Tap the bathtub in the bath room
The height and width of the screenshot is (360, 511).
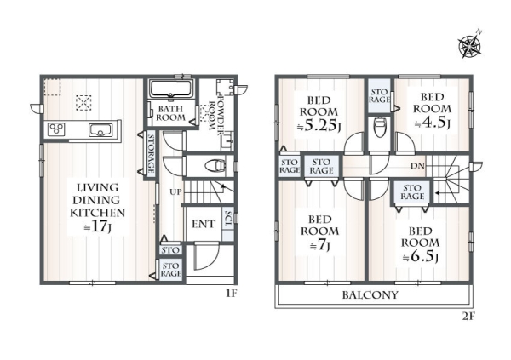[x=171, y=89]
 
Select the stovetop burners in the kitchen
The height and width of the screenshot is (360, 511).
[x=56, y=129]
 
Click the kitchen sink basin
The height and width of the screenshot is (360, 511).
[x=100, y=130]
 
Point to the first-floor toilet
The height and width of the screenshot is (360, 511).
[x=215, y=165]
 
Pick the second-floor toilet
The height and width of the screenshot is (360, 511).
[x=380, y=127]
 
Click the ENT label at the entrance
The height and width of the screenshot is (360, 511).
[x=204, y=224]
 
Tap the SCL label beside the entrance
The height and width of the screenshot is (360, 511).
[x=228, y=220]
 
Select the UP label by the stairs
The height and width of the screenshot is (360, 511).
[x=175, y=192]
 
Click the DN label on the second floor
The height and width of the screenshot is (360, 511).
[x=417, y=166]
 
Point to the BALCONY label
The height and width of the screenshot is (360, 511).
[x=370, y=295]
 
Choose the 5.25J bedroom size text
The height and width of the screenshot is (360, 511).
[x=319, y=125]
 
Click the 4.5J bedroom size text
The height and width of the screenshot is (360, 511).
[x=433, y=123]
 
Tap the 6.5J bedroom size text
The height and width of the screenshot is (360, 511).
[x=421, y=257]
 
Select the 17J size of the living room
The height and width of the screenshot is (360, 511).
[x=98, y=226]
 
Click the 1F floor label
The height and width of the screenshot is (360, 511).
[x=232, y=294]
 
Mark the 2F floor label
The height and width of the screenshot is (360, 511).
[x=468, y=317]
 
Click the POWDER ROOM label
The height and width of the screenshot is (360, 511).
[x=215, y=113]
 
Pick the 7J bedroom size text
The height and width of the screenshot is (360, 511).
[x=320, y=245]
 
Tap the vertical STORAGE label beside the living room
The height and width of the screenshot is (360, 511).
[x=152, y=153]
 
